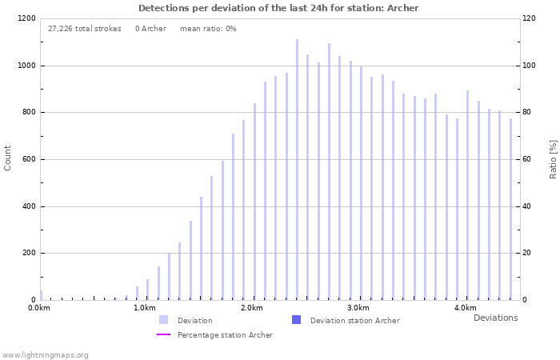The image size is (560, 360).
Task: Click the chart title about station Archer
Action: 278,8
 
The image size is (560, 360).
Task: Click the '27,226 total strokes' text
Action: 85,29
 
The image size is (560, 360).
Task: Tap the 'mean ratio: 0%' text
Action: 208,29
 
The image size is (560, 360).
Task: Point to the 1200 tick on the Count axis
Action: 26,18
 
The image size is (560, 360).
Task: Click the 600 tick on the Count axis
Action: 29,159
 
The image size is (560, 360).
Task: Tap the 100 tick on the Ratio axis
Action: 530,66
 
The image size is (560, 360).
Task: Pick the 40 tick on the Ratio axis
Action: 529,206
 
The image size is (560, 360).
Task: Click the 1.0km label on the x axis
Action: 145,308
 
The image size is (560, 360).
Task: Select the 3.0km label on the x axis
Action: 358,308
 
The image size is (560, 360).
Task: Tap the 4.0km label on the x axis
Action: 465,308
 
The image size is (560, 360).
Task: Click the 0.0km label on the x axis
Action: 39,308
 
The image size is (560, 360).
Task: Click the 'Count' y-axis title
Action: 8,158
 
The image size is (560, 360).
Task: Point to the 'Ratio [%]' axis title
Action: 553,158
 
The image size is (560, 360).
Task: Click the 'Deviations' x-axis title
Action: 495,318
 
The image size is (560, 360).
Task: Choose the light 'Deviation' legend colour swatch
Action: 163,320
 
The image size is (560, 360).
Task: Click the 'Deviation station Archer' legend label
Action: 354,321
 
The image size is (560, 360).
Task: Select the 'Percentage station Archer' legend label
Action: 225,335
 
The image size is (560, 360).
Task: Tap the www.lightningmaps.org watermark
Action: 45,355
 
